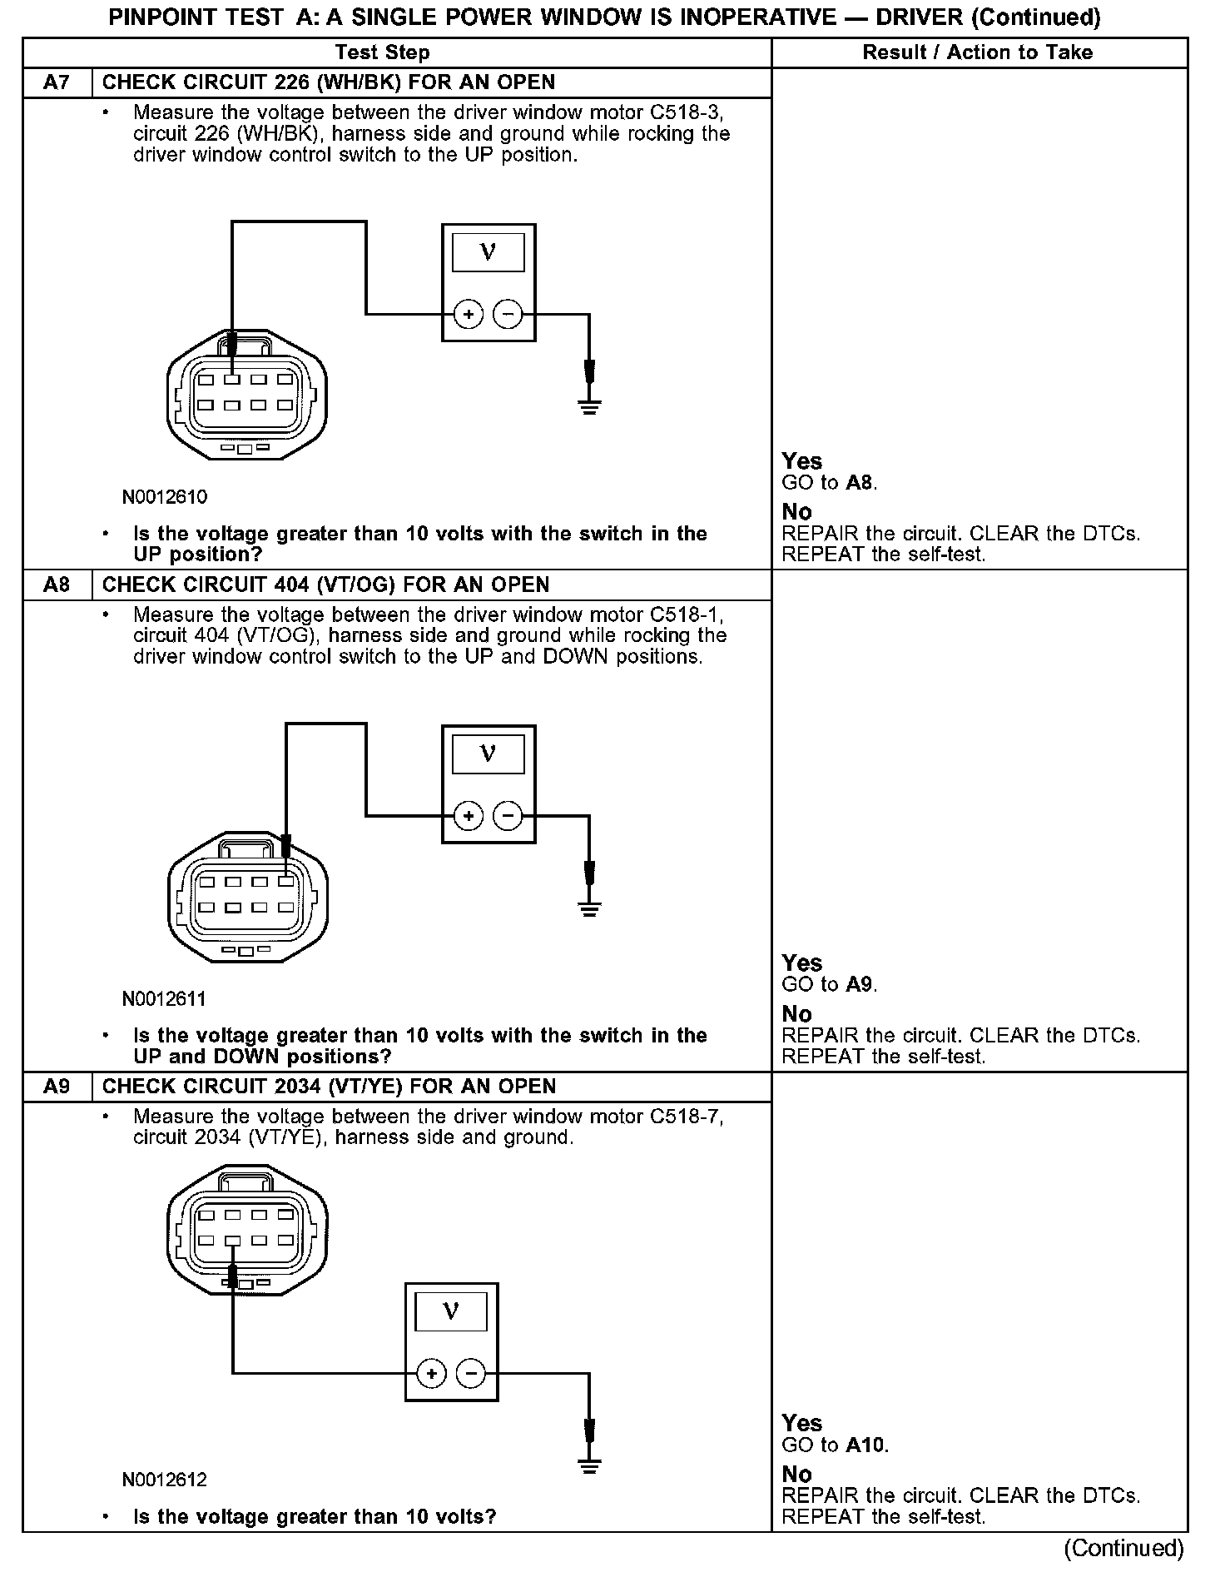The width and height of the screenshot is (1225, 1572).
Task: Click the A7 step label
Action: [x=56, y=82]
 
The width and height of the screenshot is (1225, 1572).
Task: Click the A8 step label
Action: [x=56, y=585]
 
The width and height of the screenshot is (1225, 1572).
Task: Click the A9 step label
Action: [x=56, y=1087]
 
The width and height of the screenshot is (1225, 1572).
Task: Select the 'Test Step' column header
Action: [x=382, y=52]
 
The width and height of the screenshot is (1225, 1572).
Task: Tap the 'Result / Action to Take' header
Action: [x=977, y=52]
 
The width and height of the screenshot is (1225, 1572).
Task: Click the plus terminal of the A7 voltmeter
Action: [x=469, y=315]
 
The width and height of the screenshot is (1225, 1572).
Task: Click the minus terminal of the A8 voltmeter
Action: [x=508, y=816]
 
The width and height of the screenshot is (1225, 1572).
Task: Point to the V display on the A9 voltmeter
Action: [x=451, y=1312]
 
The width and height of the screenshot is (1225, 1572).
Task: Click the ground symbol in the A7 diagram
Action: [x=589, y=407]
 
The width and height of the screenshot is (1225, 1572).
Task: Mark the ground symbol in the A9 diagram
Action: [x=589, y=1466]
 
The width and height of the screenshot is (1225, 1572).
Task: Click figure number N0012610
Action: [x=165, y=497]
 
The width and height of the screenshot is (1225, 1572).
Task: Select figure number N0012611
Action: [x=164, y=998]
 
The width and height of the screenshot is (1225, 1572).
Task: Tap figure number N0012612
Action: [x=165, y=1479]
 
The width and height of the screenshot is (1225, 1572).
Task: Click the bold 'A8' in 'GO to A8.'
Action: [x=860, y=483]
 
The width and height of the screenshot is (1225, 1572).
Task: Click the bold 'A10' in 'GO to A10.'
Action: [x=866, y=1445]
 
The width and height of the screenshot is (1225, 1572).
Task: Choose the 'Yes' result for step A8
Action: [x=802, y=963]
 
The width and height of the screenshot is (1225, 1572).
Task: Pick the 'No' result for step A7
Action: [x=797, y=512]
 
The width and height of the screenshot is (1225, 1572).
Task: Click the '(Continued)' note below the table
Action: [x=1123, y=1548]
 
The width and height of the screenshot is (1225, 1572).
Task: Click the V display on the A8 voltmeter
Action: [x=489, y=754]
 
